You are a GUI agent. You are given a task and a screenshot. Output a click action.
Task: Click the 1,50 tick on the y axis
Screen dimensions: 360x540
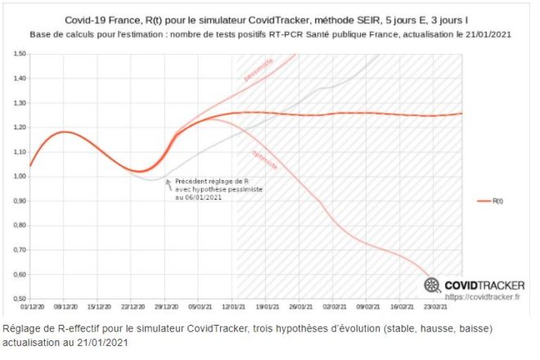tap(18, 54)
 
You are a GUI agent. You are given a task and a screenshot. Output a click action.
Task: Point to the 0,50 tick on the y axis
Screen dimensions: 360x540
tap(18, 299)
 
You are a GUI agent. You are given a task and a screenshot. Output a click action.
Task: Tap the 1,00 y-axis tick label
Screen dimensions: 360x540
tap(18, 177)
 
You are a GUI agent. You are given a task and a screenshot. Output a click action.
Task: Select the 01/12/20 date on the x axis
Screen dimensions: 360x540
tap(30, 308)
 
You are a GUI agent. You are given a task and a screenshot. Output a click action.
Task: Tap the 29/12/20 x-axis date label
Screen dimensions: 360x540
tap(166, 308)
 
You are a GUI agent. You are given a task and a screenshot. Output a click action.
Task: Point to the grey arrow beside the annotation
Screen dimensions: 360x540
tap(168, 183)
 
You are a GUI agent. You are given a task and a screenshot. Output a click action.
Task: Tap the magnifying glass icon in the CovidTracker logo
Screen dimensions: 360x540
tap(432, 285)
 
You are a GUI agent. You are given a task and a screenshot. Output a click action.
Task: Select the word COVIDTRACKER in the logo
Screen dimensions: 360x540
tap(484, 285)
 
